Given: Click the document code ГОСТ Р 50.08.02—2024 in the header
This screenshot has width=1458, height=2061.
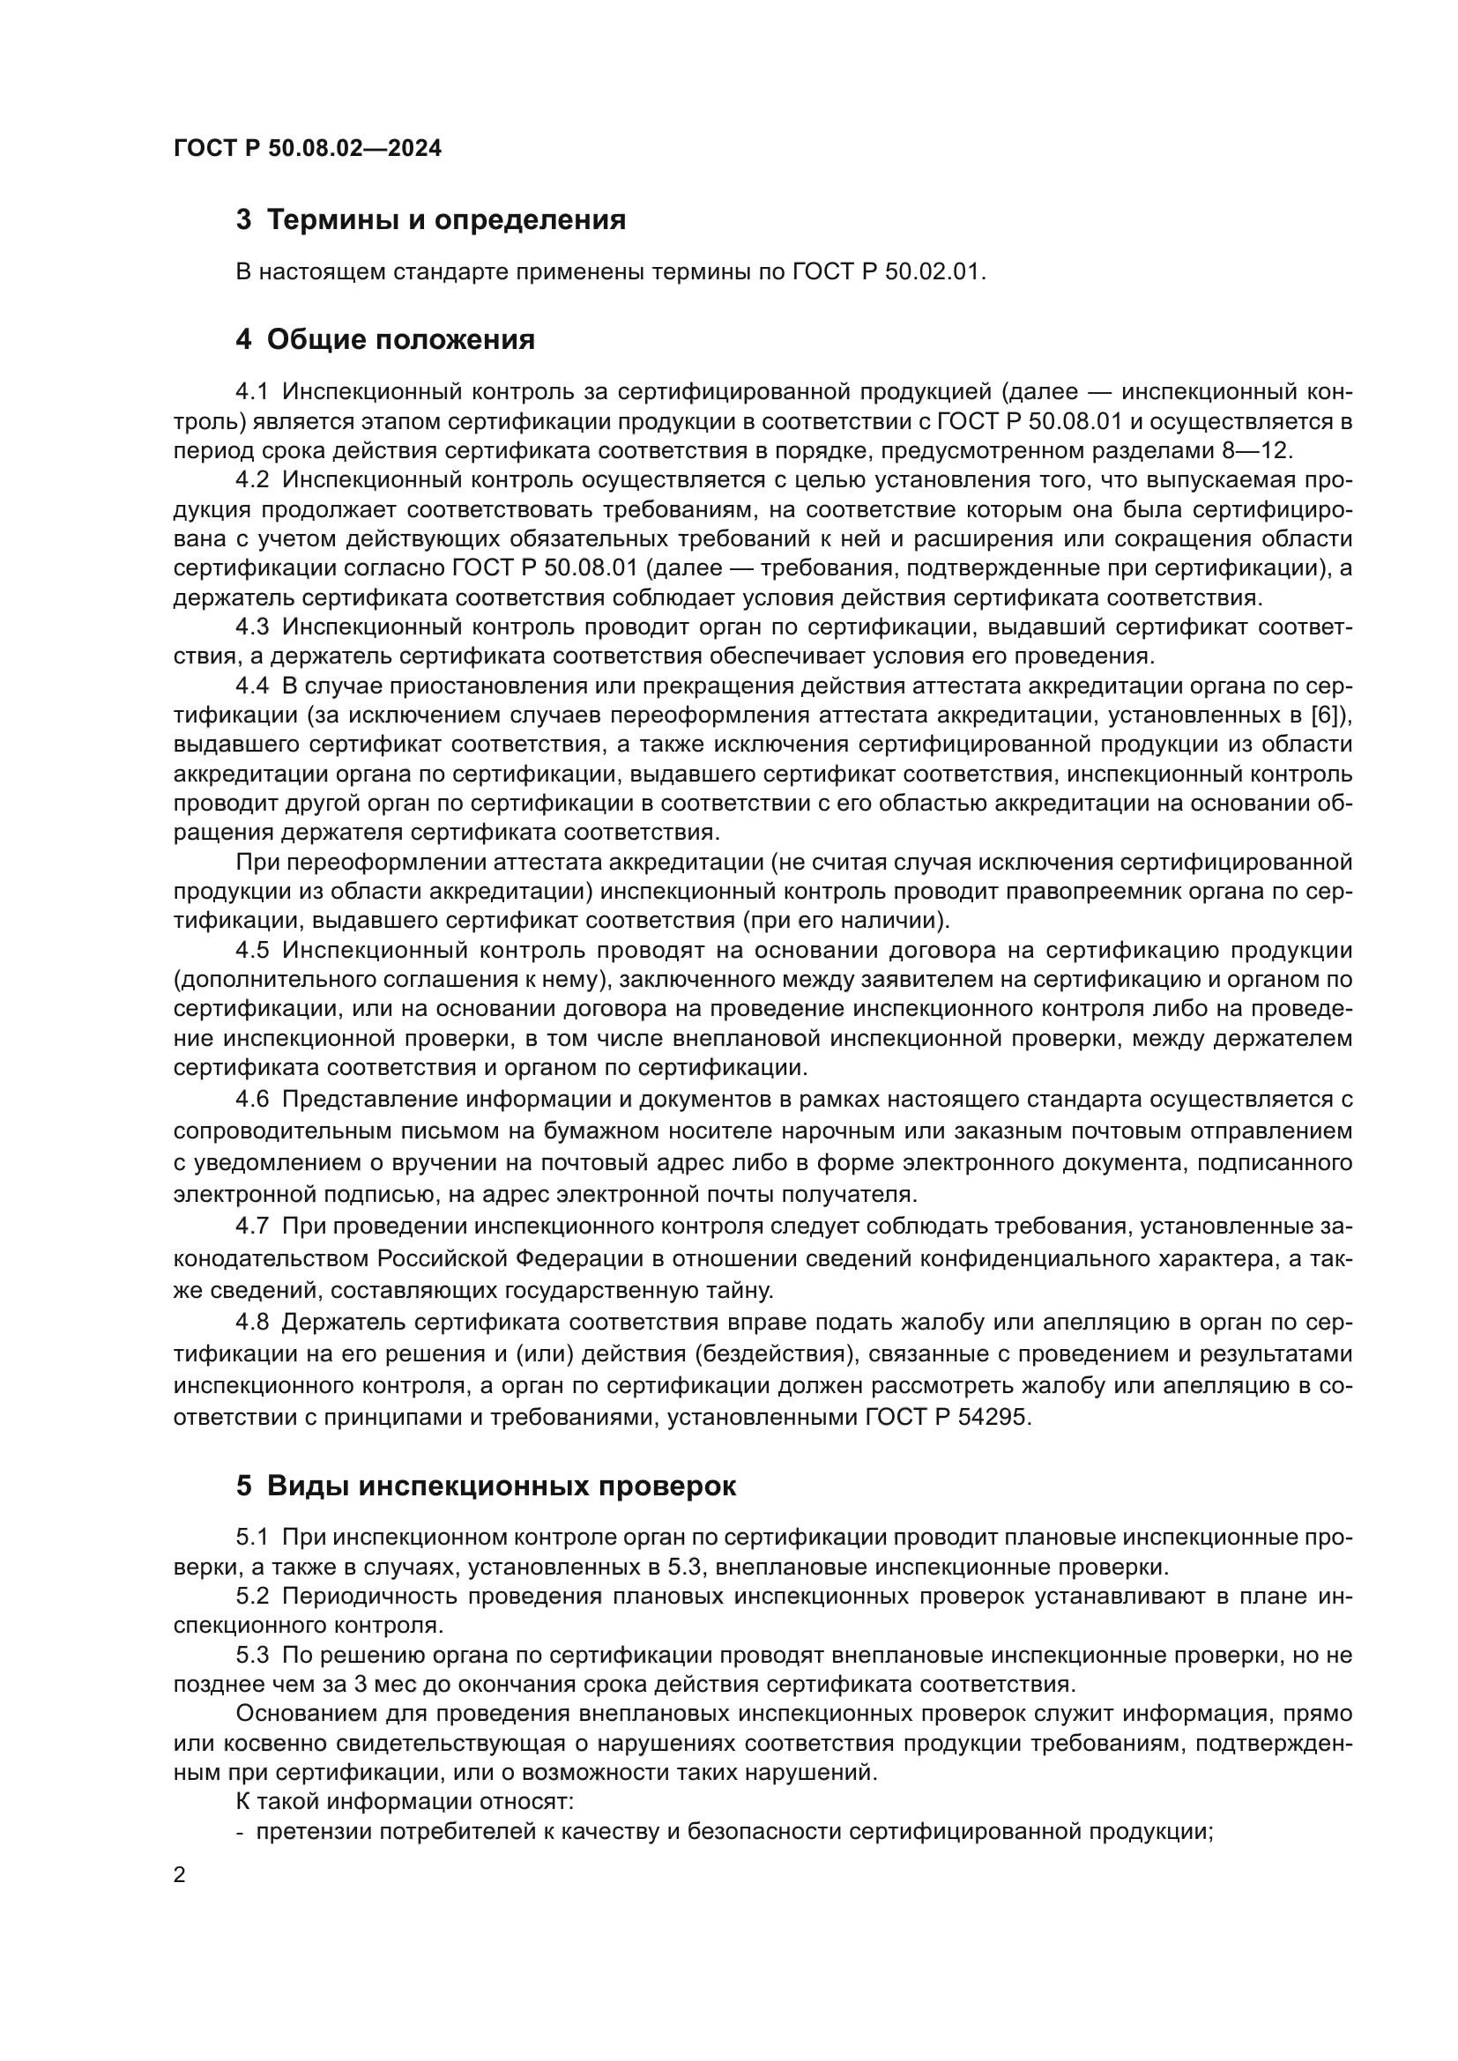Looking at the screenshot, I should point(307,148).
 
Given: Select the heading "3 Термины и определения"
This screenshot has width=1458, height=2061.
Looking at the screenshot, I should point(430,220).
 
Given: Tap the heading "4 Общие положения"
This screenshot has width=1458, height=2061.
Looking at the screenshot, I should point(385,339).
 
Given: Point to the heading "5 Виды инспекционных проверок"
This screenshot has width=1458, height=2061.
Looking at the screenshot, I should point(486,1486).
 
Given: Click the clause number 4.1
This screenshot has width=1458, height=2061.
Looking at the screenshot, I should point(252,391).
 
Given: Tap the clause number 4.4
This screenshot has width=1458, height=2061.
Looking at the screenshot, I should point(252,686).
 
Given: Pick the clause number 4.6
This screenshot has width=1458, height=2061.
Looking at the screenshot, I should point(252,1100).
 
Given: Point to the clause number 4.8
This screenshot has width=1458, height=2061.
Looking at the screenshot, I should point(252,1323).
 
